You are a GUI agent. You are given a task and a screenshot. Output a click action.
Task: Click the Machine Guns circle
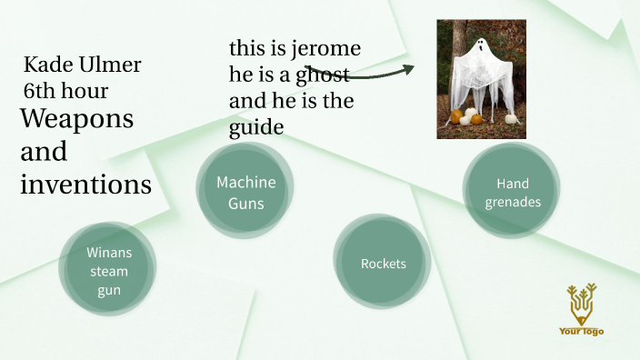click(x=245, y=192)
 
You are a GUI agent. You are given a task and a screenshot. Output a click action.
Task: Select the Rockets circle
click(x=383, y=264)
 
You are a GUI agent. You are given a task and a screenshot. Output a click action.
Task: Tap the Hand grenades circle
click(x=512, y=192)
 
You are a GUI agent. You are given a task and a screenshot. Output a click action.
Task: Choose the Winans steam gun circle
click(x=108, y=270)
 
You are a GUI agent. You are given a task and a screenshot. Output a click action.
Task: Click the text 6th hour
click(x=65, y=91)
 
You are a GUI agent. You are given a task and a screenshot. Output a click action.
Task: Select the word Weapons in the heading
click(x=77, y=119)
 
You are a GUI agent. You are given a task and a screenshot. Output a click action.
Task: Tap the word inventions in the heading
click(x=85, y=185)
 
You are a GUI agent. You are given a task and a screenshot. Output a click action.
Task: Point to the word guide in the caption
click(x=256, y=128)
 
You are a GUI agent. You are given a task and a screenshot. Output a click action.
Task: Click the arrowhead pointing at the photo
click(x=409, y=68)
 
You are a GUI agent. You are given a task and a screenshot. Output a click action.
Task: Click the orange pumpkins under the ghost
click(x=458, y=116)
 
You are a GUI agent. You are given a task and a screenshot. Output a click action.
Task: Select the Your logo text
click(x=581, y=331)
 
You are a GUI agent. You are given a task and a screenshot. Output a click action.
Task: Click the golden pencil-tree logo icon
click(x=581, y=303)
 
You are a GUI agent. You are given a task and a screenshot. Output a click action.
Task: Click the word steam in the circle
click(x=108, y=271)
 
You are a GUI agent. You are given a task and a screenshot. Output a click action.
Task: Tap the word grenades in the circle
click(x=512, y=202)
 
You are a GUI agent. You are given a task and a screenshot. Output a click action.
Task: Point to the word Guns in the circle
click(x=245, y=203)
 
